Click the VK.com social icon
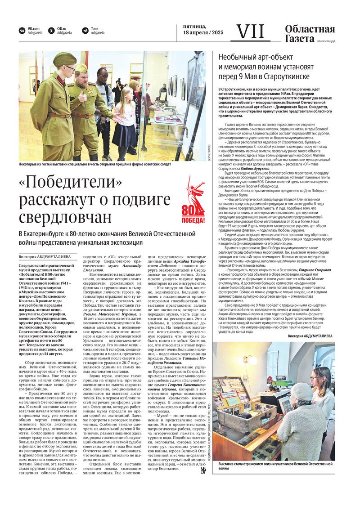(22, 31)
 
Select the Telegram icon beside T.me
(85, 31)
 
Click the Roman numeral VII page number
(251, 32)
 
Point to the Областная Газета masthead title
(310, 34)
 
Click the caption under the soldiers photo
(95, 165)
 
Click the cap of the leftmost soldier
(64, 59)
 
